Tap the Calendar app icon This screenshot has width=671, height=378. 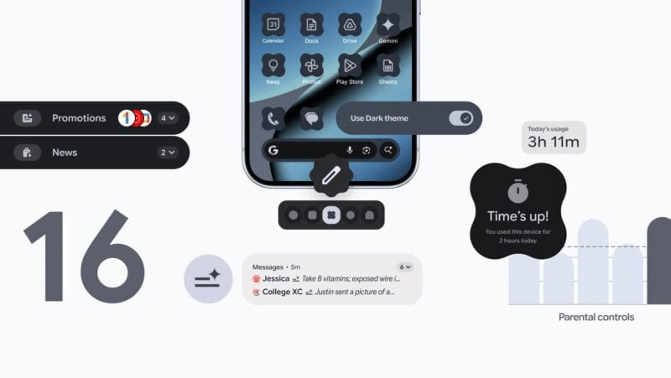[273, 24]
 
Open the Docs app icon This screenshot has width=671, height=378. [311, 24]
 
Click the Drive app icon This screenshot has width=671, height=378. [350, 24]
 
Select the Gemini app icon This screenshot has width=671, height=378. [388, 24]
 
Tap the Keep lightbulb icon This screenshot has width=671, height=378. [273, 65]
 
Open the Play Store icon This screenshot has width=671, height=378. [350, 65]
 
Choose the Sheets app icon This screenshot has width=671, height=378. [388, 65]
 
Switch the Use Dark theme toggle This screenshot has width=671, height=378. [461, 118]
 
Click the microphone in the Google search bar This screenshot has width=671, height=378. [349, 151]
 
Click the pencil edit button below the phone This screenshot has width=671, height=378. [330, 176]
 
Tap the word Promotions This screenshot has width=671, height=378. [79, 118]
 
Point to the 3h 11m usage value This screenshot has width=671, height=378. [554, 142]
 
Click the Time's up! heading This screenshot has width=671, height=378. [518, 215]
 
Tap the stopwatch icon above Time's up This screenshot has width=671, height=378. [518, 190]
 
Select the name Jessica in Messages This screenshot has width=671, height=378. [276, 278]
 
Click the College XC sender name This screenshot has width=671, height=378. [282, 292]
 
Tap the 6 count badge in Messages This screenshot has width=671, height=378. [404, 267]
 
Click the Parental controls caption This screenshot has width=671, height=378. [596, 317]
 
